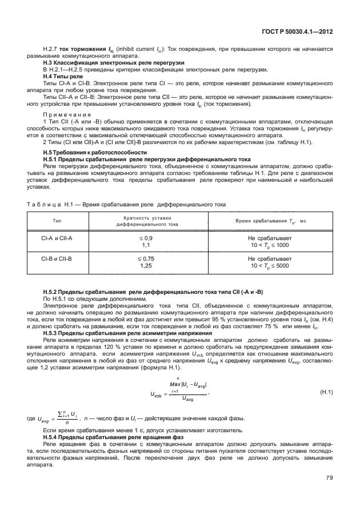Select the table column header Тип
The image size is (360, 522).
pyautogui.click(x=57, y=221)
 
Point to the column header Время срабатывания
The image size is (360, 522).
pyautogui.click(x=264, y=221)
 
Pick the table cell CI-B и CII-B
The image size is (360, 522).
pyautogui.click(x=57, y=259)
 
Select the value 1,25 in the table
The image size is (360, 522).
pyautogui.click(x=146, y=266)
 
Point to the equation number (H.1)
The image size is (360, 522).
pyautogui.click(x=326, y=392)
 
